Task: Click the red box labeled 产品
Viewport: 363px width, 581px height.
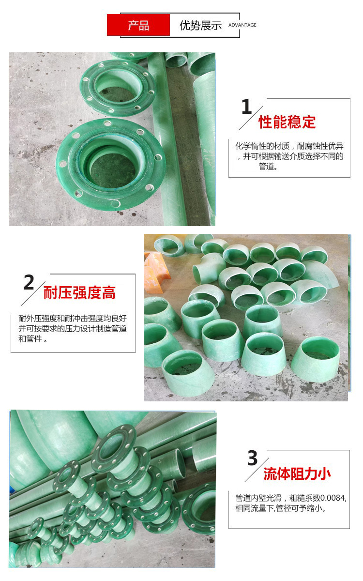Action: (138, 25)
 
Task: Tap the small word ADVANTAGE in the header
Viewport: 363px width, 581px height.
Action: (242, 25)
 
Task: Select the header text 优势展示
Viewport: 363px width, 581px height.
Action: (201, 25)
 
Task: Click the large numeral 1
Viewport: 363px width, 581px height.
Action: (246, 107)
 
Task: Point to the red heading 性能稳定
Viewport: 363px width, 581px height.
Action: (287, 122)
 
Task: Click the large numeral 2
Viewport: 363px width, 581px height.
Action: (29, 282)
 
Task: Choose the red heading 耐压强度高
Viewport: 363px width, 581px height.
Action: (79, 293)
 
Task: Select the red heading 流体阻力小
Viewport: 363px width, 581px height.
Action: (297, 474)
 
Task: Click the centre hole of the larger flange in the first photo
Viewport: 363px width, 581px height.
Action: (113, 170)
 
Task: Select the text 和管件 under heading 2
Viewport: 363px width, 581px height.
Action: (30, 339)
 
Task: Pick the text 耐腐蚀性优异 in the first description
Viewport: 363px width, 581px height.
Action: (320, 146)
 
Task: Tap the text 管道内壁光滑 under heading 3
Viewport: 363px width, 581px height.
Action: (258, 498)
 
